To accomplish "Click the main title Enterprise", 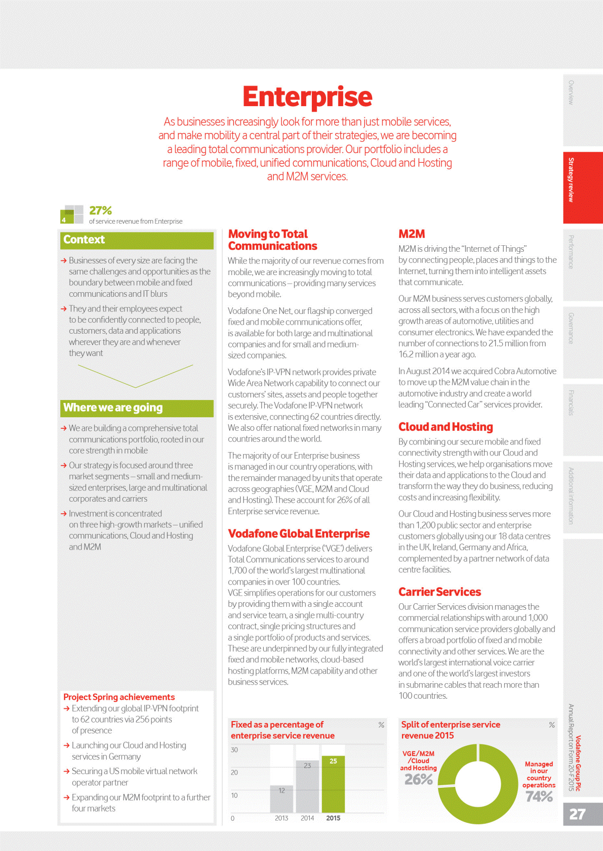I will [x=307, y=97].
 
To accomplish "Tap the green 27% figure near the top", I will [x=100, y=210].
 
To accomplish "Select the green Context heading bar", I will [x=137, y=240].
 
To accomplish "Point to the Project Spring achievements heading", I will [x=119, y=697].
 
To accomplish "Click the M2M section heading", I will [x=412, y=234].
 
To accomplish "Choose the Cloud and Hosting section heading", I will [x=446, y=427].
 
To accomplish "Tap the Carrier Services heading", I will [x=439, y=592].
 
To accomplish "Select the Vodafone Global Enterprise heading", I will [x=299, y=534].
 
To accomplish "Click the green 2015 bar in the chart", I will [x=333, y=784].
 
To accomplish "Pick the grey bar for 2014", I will [x=307, y=786].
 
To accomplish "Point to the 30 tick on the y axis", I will [x=234, y=750].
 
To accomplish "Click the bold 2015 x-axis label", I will [x=333, y=818].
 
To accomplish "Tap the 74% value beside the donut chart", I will [x=539, y=796].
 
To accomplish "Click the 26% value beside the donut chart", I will [x=419, y=780].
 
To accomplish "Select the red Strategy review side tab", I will [x=582, y=187].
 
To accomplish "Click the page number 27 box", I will [x=582, y=814].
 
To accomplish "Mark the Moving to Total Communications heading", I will [x=272, y=240].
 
